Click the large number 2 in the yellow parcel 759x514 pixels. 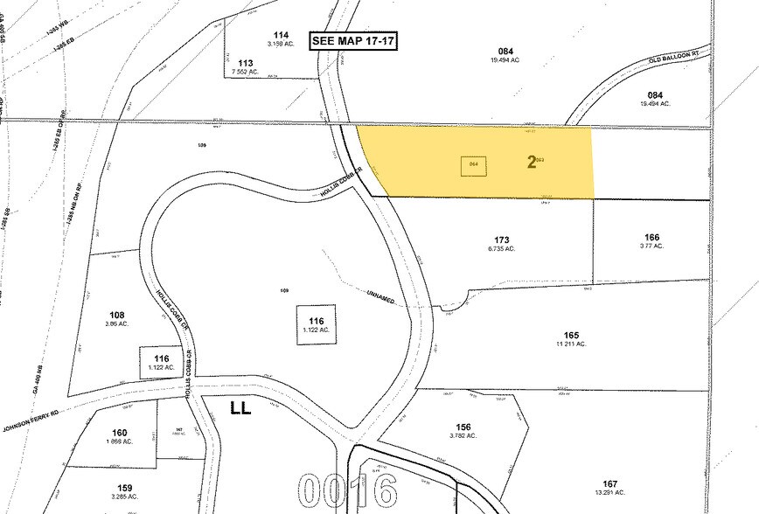click(x=531, y=163)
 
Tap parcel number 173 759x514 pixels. click(x=501, y=239)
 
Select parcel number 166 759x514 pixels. click(x=651, y=237)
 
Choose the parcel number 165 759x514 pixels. click(x=572, y=335)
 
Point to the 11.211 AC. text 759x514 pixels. click(x=572, y=344)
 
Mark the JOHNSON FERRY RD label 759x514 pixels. click(x=29, y=417)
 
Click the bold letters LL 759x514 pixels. click(x=240, y=407)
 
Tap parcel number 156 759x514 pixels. click(x=463, y=427)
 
